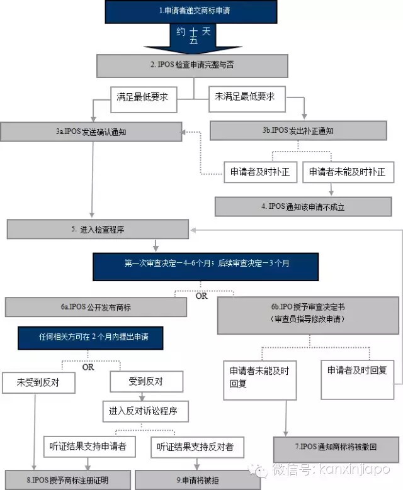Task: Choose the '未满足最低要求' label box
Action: [x=246, y=97]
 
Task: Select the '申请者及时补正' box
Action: [x=260, y=171]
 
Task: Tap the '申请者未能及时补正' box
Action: [x=345, y=171]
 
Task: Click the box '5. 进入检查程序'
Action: [x=98, y=230]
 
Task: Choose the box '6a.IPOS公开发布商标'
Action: [x=96, y=307]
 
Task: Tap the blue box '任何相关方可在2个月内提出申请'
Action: [x=92, y=337]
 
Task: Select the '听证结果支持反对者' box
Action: [x=196, y=446]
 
